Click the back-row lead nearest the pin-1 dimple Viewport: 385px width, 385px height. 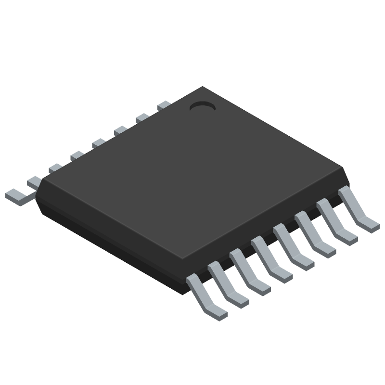[164, 105]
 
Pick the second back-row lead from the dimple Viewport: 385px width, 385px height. [142, 117]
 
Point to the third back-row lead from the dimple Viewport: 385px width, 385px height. [120, 130]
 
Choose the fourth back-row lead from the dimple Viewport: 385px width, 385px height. [99, 142]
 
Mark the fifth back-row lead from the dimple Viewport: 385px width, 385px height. [77, 155]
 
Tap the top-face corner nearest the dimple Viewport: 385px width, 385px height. [203, 88]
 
